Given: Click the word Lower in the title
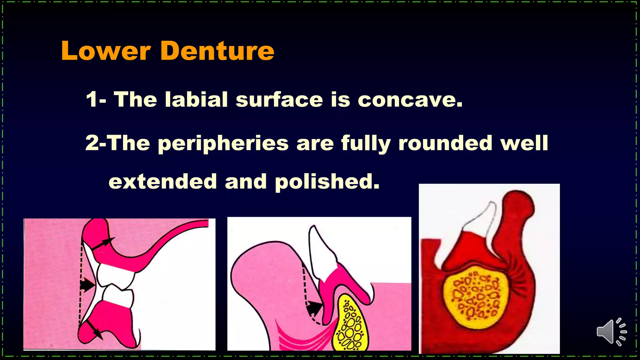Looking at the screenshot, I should (x=106, y=51).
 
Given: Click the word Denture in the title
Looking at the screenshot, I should (x=217, y=51).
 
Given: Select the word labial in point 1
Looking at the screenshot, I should (x=196, y=100).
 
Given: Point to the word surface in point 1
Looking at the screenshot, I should (x=279, y=100).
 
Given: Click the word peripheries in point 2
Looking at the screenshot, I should (x=223, y=144).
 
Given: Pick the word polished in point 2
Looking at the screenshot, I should (x=327, y=182).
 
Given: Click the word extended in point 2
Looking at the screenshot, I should (x=162, y=182).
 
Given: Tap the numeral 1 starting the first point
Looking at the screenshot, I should (x=92, y=100).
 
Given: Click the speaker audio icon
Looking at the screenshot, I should (x=611, y=332).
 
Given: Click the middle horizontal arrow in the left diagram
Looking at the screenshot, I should (x=88, y=285).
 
